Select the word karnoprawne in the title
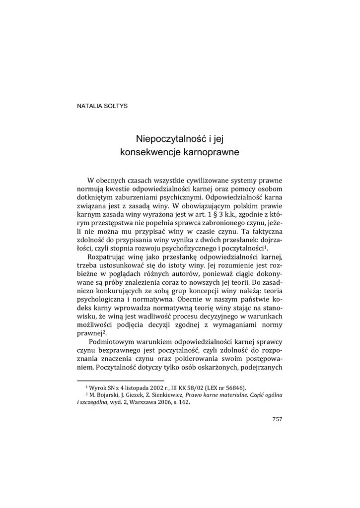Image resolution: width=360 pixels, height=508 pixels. (212, 152)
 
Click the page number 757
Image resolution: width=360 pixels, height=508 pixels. (277, 419)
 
